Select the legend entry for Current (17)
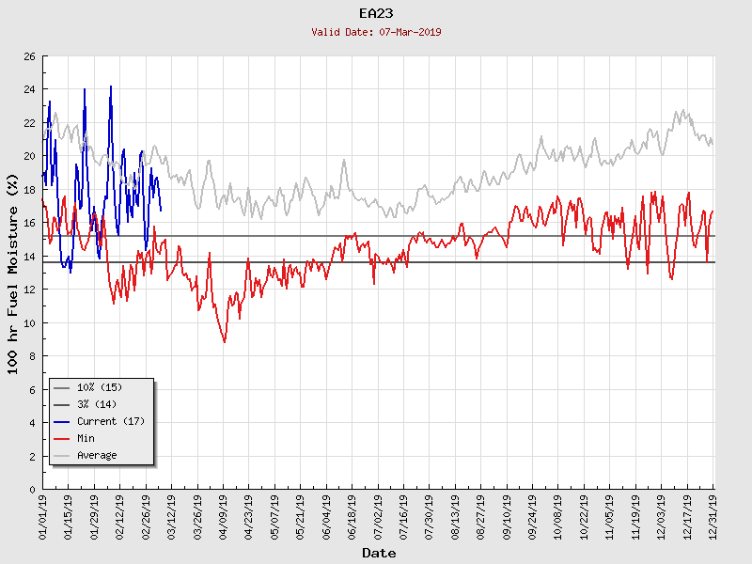[110, 421]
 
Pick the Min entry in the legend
[86, 438]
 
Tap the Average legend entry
[97, 455]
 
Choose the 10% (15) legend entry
[100, 387]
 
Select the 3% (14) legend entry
[97, 404]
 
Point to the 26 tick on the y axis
[29, 56]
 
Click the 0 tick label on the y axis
[32, 490]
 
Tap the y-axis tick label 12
[29, 290]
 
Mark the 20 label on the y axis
[29, 156]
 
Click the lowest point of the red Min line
[225, 342]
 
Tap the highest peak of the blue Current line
[111, 86]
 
